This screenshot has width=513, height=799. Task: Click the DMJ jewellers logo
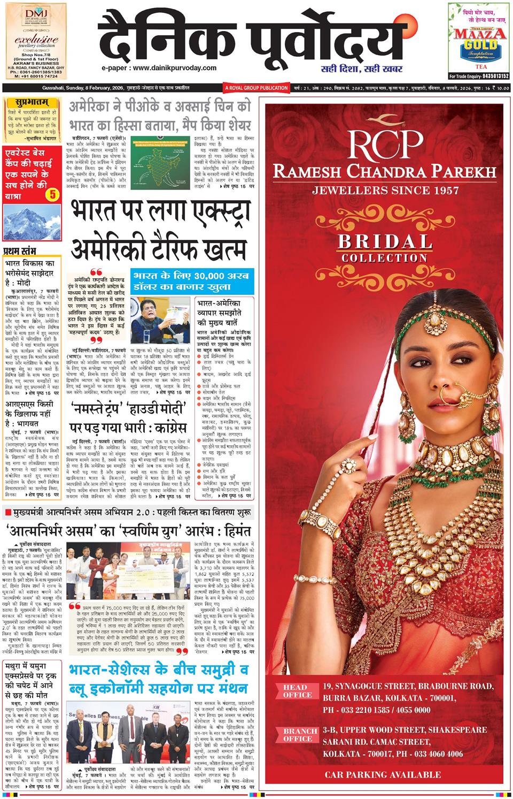35,17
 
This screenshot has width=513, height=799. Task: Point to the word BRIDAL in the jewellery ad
384,241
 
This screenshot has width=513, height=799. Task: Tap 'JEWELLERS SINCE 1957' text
385,190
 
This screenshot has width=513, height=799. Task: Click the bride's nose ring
450,395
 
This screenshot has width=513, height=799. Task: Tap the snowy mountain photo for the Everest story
33,220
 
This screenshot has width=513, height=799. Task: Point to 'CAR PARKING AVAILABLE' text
383,774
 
